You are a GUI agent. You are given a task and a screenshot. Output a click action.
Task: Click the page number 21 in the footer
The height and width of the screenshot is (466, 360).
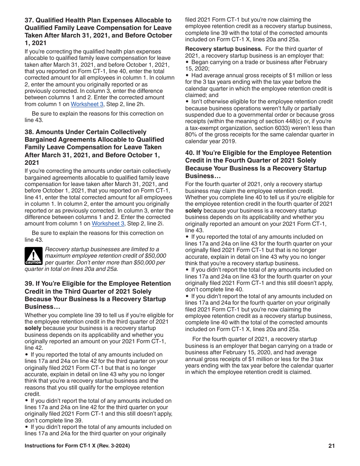click(332, 446)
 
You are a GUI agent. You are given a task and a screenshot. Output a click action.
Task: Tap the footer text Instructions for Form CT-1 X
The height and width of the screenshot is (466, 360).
click(77, 446)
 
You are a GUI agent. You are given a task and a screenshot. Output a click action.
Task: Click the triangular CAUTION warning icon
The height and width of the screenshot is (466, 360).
click(33, 256)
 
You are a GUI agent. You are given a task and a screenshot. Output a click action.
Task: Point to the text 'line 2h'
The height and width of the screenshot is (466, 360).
click(136, 104)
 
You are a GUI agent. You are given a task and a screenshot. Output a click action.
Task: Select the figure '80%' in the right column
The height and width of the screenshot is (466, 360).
click(191, 134)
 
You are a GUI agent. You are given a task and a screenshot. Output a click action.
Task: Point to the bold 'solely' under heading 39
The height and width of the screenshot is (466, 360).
click(33, 328)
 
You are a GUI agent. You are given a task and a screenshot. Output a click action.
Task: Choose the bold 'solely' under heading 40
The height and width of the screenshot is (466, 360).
click(194, 211)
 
